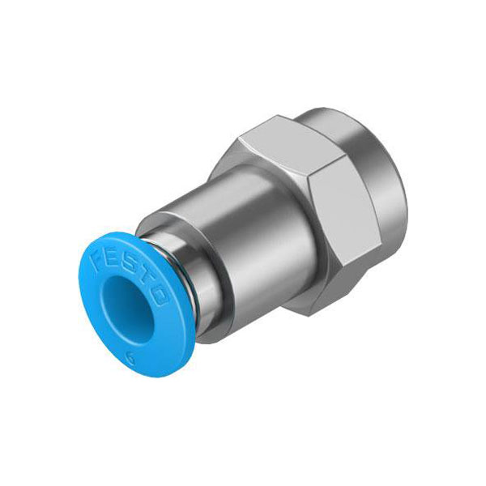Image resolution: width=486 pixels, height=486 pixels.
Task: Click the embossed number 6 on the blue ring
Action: (131, 360)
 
